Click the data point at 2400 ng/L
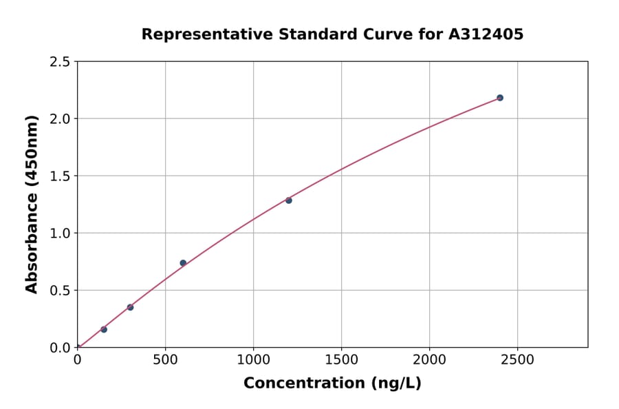[x=500, y=98]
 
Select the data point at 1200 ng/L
[x=289, y=200]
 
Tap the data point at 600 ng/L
[x=183, y=263]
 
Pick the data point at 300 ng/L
[x=130, y=307]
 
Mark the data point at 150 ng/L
[x=104, y=329]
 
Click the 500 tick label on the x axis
[x=165, y=360]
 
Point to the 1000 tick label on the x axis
[x=253, y=360]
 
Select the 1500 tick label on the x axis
[x=341, y=360]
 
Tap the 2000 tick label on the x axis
[x=429, y=360]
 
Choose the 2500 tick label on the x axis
[x=517, y=360]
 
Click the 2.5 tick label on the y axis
[x=60, y=62]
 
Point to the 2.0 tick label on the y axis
[x=60, y=119]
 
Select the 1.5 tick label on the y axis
[x=60, y=176]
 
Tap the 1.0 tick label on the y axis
[x=60, y=233]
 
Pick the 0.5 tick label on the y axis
[x=60, y=291]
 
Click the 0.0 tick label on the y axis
[x=60, y=348]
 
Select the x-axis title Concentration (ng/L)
[x=332, y=383]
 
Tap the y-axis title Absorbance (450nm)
[x=32, y=204]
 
